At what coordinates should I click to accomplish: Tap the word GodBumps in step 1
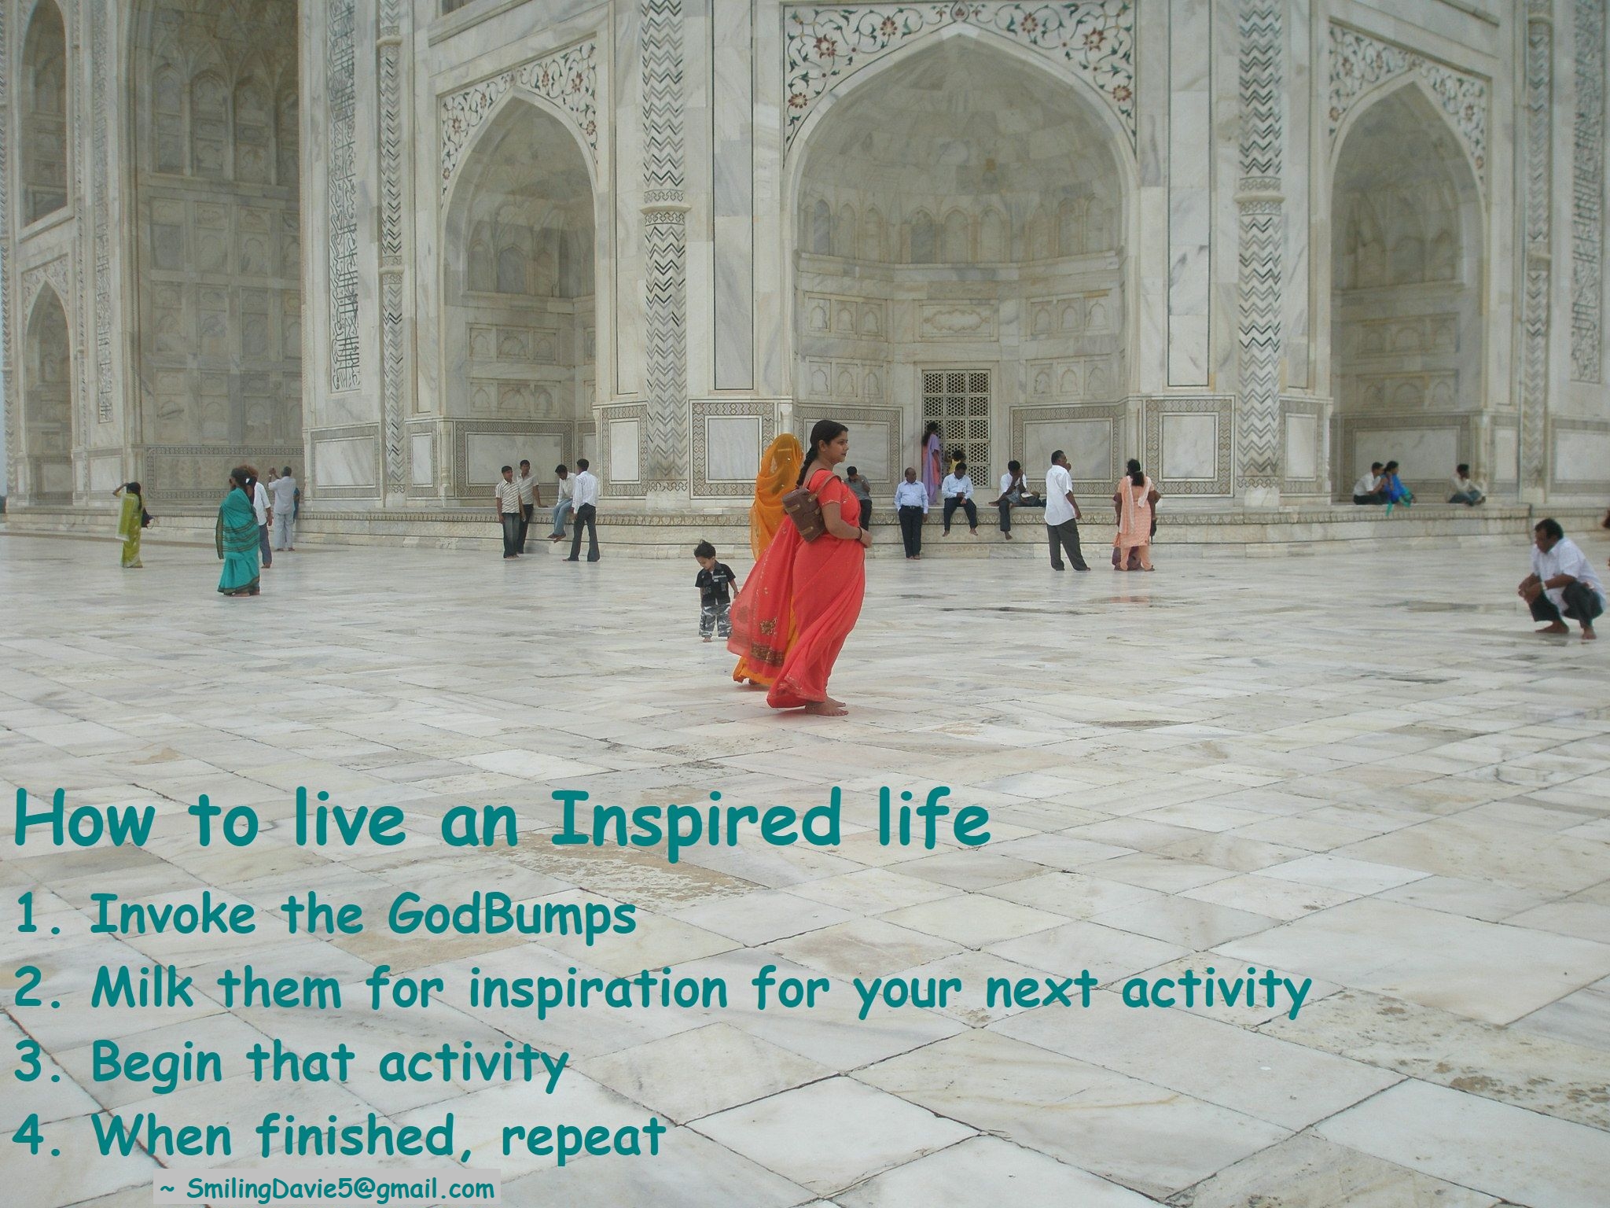[x=512, y=917]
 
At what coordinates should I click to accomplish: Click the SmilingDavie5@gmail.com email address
[x=340, y=1188]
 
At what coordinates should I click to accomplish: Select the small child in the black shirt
[x=715, y=589]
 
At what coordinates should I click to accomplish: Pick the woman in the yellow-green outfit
[x=130, y=525]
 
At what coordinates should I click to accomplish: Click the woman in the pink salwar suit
[x=1134, y=516]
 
